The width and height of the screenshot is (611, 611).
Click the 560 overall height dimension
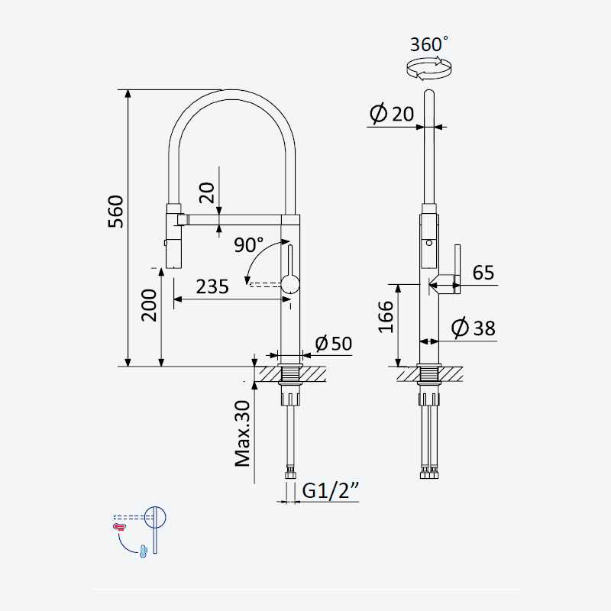[x=116, y=212]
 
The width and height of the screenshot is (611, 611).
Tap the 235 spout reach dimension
[x=212, y=287]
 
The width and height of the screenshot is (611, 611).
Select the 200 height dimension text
[x=149, y=305]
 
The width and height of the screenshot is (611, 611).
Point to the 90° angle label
[x=249, y=244]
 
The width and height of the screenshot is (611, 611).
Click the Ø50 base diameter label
[x=334, y=343]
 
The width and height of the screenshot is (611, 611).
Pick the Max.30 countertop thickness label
[x=242, y=434]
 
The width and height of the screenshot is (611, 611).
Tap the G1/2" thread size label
[x=331, y=490]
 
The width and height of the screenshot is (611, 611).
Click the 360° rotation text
[x=428, y=44]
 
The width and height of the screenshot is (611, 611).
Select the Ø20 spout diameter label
[x=392, y=114]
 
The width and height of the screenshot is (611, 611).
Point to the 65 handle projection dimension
[x=483, y=273]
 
